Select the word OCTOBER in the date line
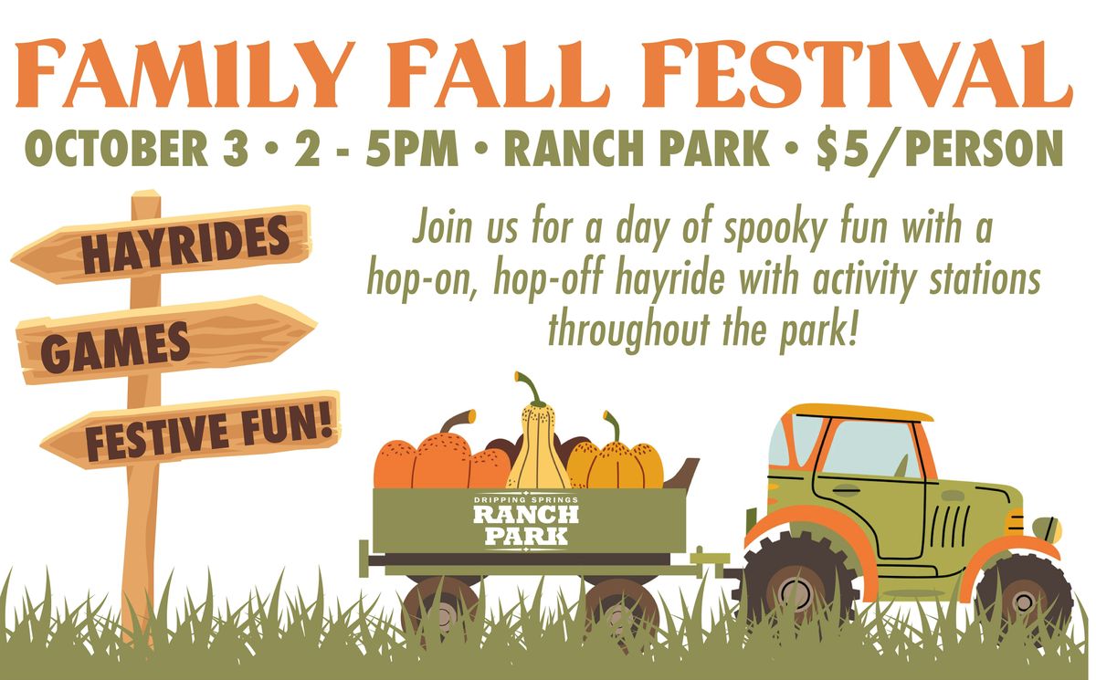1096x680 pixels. coord(117,148)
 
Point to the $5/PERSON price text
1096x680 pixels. coord(940,148)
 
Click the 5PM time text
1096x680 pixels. coord(412,148)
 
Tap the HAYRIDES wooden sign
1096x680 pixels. coord(162,245)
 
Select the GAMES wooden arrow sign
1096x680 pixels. coord(166,340)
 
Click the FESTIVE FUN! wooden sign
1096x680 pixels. coord(191,430)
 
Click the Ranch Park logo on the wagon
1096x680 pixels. coord(525,521)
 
